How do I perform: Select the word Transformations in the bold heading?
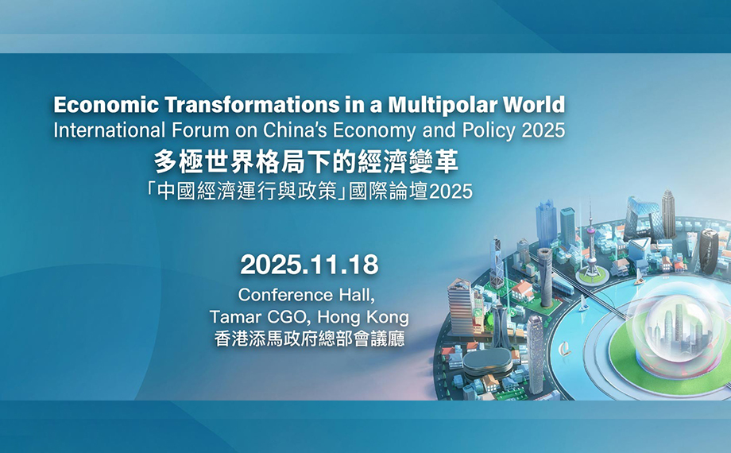click(x=252, y=105)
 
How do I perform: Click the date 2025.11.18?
click(x=309, y=265)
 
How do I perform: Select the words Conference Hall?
click(x=306, y=295)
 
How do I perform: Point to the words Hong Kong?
click(x=363, y=317)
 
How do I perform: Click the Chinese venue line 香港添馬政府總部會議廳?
click(x=309, y=339)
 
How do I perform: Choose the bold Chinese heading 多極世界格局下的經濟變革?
click(x=306, y=163)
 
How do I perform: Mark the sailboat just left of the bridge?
click(x=582, y=304)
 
